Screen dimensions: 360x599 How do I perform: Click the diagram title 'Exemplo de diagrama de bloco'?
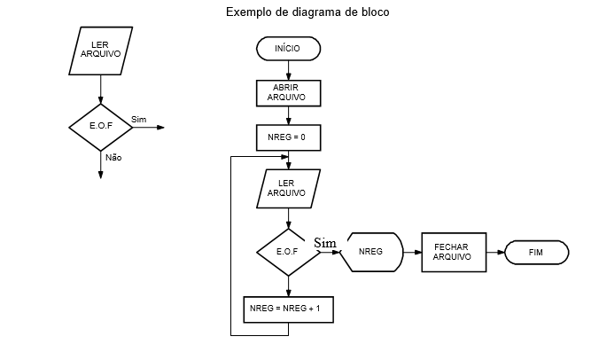(x=307, y=12)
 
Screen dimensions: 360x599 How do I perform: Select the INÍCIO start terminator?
(x=288, y=47)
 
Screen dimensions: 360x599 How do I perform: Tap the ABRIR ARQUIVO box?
(x=287, y=92)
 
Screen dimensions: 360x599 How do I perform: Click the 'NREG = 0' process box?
(x=287, y=137)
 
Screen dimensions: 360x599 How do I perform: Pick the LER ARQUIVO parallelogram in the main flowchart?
(x=286, y=187)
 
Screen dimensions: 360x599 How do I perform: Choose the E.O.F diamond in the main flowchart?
(x=288, y=251)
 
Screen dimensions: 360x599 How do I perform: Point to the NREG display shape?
(x=372, y=252)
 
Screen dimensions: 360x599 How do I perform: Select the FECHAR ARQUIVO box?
(x=451, y=252)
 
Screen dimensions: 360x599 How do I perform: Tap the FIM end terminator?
(x=535, y=252)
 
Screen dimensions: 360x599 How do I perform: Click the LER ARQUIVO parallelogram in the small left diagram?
(x=100, y=50)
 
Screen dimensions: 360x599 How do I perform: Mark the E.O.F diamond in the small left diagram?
(x=100, y=127)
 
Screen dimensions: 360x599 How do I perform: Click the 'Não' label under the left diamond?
(x=113, y=157)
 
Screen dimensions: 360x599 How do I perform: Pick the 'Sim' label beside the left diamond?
(x=138, y=119)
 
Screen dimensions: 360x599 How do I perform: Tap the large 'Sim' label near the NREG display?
(x=325, y=242)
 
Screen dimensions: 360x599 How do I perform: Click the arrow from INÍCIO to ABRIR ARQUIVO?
(x=288, y=70)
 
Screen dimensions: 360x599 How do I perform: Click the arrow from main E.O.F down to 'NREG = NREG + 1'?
(x=288, y=285)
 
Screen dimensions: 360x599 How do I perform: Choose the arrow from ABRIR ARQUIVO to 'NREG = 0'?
(x=288, y=115)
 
